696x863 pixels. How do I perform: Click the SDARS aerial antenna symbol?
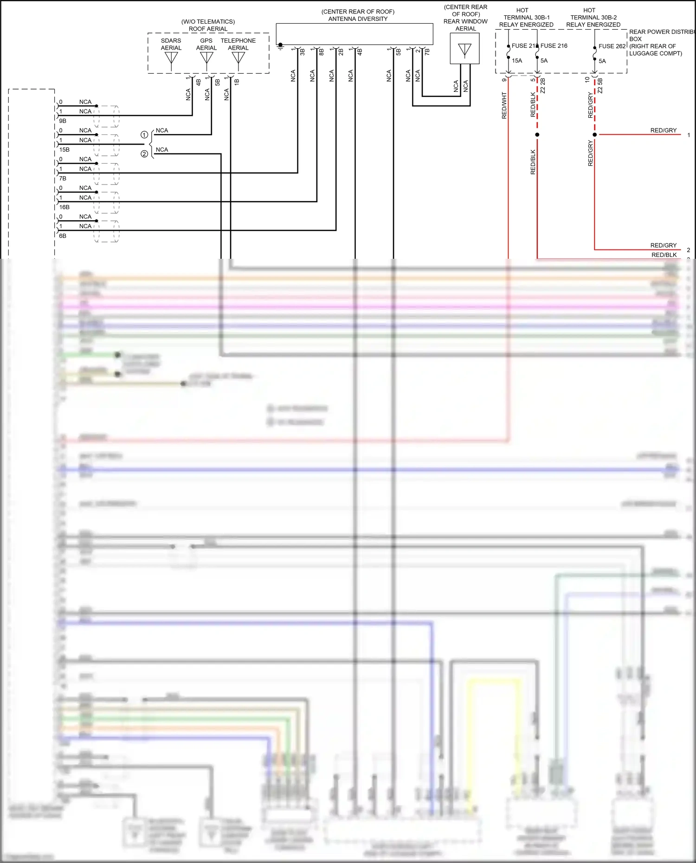(171, 59)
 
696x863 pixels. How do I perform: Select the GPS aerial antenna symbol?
(206, 59)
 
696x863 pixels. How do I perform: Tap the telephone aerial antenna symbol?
(238, 59)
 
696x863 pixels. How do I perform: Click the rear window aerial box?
(464, 48)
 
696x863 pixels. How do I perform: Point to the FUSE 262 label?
(612, 46)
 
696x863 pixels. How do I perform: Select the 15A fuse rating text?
(517, 61)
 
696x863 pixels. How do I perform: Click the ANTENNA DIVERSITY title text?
(358, 19)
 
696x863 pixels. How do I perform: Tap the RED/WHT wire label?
(504, 105)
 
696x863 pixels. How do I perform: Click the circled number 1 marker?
(144, 135)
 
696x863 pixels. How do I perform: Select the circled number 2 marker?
(144, 154)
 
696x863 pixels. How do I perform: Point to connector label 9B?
(63, 121)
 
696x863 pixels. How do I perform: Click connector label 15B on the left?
(64, 150)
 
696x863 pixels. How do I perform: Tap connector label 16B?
(64, 207)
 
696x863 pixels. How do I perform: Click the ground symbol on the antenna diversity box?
(280, 46)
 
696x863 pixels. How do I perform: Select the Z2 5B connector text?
(600, 86)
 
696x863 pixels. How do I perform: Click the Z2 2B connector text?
(542, 86)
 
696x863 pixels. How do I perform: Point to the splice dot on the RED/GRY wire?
(595, 134)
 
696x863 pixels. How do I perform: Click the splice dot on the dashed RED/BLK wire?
(537, 134)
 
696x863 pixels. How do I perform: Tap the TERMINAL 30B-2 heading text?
(593, 18)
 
